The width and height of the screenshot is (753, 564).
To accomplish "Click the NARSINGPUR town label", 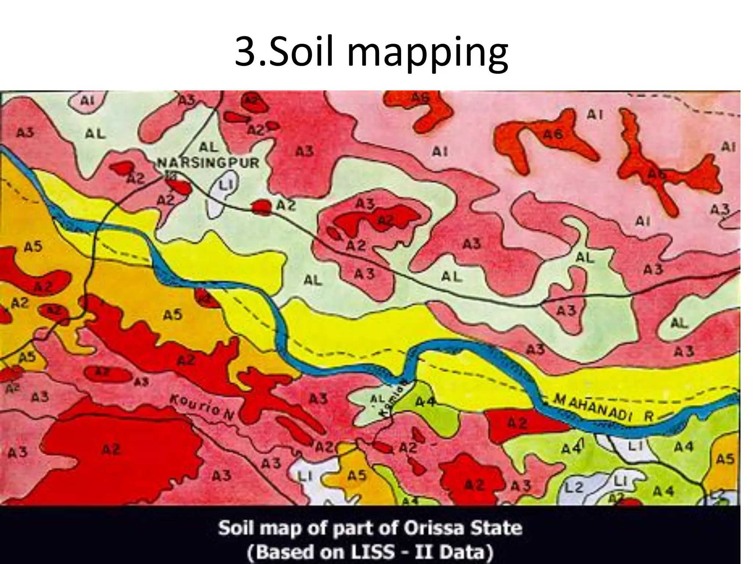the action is click(x=208, y=162).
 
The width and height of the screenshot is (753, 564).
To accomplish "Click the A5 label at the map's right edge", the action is click(x=725, y=459).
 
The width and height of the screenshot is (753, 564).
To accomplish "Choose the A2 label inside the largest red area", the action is click(x=111, y=450).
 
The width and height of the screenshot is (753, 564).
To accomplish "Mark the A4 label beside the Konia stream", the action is click(x=426, y=402).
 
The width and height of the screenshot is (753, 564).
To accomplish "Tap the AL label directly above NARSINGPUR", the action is click(x=208, y=147).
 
